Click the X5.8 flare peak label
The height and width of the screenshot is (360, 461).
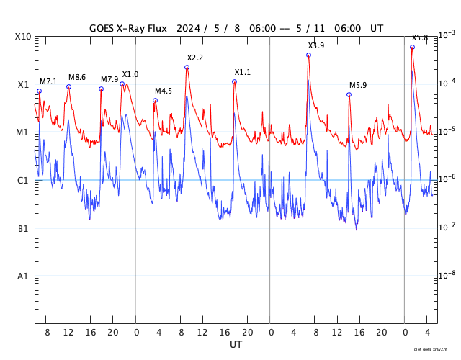420,37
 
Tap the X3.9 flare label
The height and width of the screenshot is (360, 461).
316,45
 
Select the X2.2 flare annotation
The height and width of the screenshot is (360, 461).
194,58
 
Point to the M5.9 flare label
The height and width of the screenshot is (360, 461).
358,85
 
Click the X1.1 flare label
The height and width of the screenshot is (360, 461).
243,72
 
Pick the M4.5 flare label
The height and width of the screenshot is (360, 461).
164,91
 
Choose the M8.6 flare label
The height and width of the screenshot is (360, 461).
77,77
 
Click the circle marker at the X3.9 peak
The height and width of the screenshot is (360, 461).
308,55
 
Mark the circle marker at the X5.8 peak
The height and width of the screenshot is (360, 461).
412,47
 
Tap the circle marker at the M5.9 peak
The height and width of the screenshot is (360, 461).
349,94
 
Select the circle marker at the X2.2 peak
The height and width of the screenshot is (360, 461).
187,67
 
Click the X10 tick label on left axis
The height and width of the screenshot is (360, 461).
22,37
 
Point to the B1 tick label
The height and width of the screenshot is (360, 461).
23,229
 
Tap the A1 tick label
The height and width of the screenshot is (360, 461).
23,276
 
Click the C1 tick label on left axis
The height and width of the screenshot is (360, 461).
23,181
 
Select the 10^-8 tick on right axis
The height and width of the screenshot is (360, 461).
447,275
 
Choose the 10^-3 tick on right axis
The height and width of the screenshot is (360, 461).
447,35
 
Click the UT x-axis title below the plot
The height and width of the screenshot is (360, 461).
236,345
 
